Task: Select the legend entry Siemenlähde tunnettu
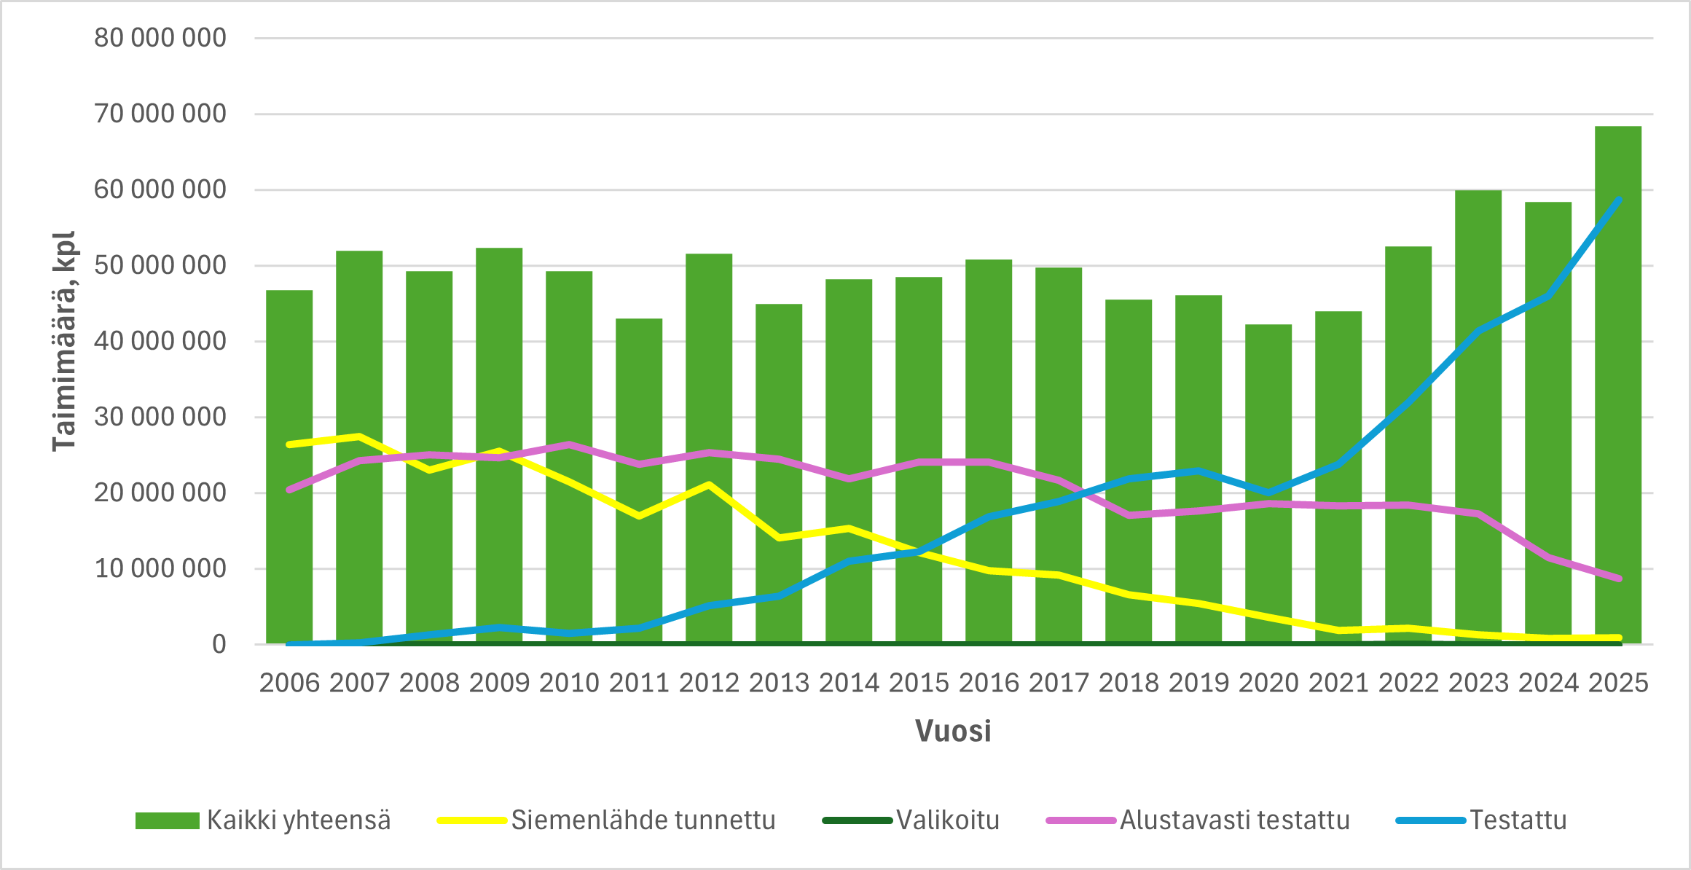[x=606, y=820]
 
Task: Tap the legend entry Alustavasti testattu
[x=1198, y=820]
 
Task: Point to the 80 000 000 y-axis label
[x=160, y=38]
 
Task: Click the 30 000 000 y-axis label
[x=160, y=417]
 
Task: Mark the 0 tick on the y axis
[x=219, y=644]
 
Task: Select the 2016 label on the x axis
[x=989, y=683]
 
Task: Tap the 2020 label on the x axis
[x=1268, y=683]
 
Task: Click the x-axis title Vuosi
[x=953, y=731]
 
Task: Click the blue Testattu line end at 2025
[x=1618, y=200]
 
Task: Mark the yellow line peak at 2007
[x=359, y=436]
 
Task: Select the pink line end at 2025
[x=1618, y=579]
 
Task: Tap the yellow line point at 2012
[x=709, y=484]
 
